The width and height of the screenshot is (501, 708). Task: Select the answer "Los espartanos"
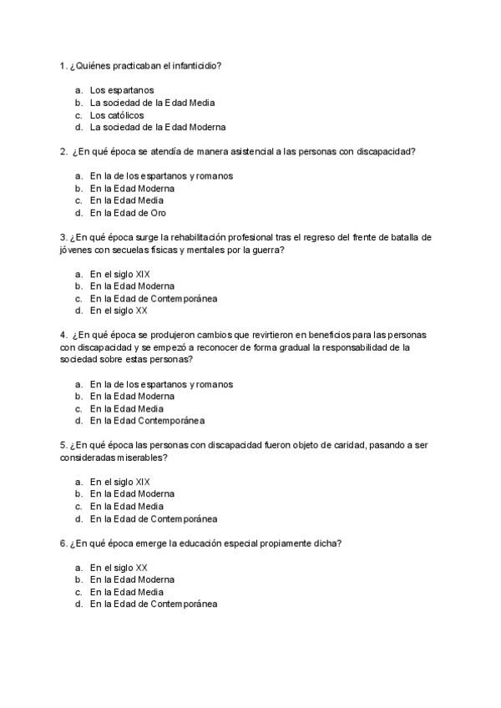tap(122, 90)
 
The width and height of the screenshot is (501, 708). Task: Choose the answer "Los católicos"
tap(117, 115)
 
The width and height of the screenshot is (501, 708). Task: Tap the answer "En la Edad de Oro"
tap(128, 213)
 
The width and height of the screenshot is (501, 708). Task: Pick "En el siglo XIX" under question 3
tap(120, 274)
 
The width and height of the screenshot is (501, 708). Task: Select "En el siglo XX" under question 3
tap(119, 311)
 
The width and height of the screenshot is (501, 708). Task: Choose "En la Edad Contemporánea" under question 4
tap(147, 421)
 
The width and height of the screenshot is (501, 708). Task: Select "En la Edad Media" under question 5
tap(127, 506)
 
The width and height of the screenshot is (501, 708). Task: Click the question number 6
tap(63, 543)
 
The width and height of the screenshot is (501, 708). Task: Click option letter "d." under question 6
tap(78, 604)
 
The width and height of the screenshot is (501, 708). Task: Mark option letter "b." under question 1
tap(78, 103)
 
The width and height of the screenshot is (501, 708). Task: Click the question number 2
tap(63, 152)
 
